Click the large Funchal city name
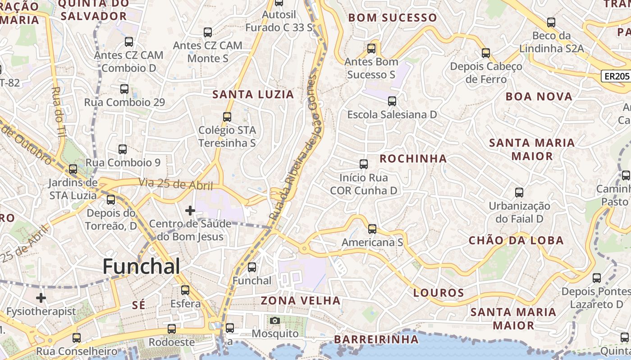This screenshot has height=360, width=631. pos(141,266)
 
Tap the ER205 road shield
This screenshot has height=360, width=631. pos(616,76)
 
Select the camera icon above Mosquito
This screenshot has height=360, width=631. pos(274,320)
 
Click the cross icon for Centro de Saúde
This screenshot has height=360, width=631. pos(190,210)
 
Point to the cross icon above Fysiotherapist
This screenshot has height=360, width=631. pos(41,298)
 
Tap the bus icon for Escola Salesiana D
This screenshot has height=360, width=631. pos(392,101)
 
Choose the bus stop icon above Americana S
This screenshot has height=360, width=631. pos(372,229)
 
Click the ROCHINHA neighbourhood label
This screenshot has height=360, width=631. pos(413,158)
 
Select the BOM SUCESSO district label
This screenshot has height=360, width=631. pos(393,18)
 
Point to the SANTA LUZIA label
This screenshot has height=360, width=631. pos(253,94)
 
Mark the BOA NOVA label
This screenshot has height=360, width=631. pos(539,96)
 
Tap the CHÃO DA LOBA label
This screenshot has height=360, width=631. pos(516,240)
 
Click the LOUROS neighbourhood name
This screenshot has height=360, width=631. pos(439,293)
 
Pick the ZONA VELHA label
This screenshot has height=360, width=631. pos(301,301)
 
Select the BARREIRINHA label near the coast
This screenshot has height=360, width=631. pos(377,339)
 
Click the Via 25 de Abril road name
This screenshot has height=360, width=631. pos(175,184)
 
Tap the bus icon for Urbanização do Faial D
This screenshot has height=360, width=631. pos(519,193)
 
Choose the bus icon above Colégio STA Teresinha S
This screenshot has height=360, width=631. pos(227,117)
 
